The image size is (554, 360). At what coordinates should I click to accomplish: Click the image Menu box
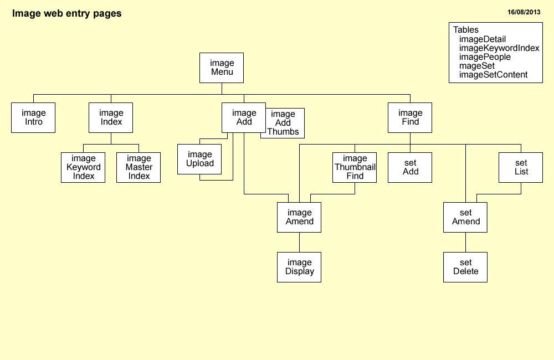[222, 68]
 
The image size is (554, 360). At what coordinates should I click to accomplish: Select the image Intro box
[33, 117]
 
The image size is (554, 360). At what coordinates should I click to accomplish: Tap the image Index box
[111, 117]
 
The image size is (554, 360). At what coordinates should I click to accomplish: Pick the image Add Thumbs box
[283, 123]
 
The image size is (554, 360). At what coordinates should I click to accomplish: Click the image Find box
[410, 117]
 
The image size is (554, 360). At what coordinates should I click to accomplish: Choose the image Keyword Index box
[83, 167]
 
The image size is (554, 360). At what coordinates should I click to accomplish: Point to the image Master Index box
[138, 167]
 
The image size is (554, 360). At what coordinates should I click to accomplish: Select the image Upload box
[199, 159]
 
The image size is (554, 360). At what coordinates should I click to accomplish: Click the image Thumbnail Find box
[355, 167]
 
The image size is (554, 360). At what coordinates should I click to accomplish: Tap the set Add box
[410, 167]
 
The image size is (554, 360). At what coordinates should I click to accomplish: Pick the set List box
[521, 167]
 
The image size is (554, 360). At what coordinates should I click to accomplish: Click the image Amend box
[299, 217]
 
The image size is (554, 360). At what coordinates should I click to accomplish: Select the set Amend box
[465, 217]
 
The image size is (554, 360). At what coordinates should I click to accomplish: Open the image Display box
[299, 267]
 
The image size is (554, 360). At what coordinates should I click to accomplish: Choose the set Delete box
[465, 267]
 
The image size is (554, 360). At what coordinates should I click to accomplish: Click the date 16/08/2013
[524, 12]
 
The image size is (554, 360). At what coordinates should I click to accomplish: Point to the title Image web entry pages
[66, 13]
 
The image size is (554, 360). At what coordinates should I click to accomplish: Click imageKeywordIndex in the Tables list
[499, 48]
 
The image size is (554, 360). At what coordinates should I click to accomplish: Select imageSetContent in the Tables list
[493, 75]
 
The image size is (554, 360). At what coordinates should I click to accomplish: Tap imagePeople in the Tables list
[485, 57]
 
